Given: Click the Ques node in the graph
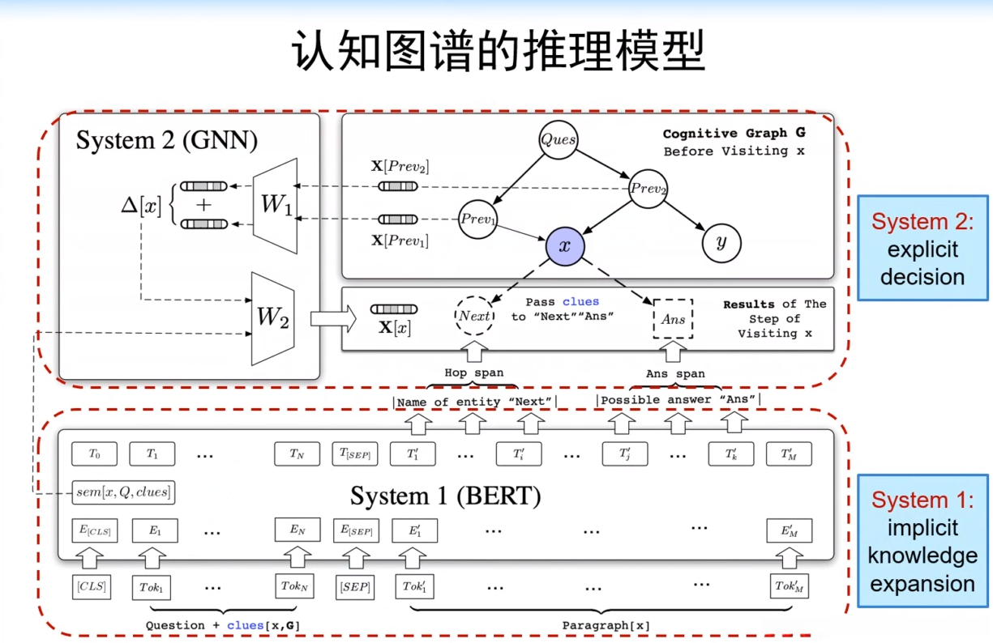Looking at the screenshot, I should tap(559, 139).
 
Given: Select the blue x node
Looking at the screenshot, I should tap(565, 244).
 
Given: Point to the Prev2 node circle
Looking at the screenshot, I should tap(649, 189).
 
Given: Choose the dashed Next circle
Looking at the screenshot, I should tap(474, 317).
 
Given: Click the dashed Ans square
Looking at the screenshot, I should tap(673, 319).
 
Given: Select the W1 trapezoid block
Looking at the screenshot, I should tap(276, 206).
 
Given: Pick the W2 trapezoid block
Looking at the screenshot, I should tap(272, 318).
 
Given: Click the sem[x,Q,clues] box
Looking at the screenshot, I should tap(123, 492).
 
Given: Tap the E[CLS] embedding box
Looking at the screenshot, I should tap(94, 531).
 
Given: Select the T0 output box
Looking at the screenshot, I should tap(94, 454).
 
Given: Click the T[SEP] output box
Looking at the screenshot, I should tap(355, 454).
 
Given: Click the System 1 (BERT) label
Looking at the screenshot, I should tap(445, 495).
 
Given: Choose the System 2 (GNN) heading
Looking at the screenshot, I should tap(166, 140).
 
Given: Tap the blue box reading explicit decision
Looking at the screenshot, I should tap(922, 248).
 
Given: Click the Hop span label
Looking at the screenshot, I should tap(473, 373).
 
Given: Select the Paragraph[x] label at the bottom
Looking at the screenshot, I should tap(606, 625).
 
